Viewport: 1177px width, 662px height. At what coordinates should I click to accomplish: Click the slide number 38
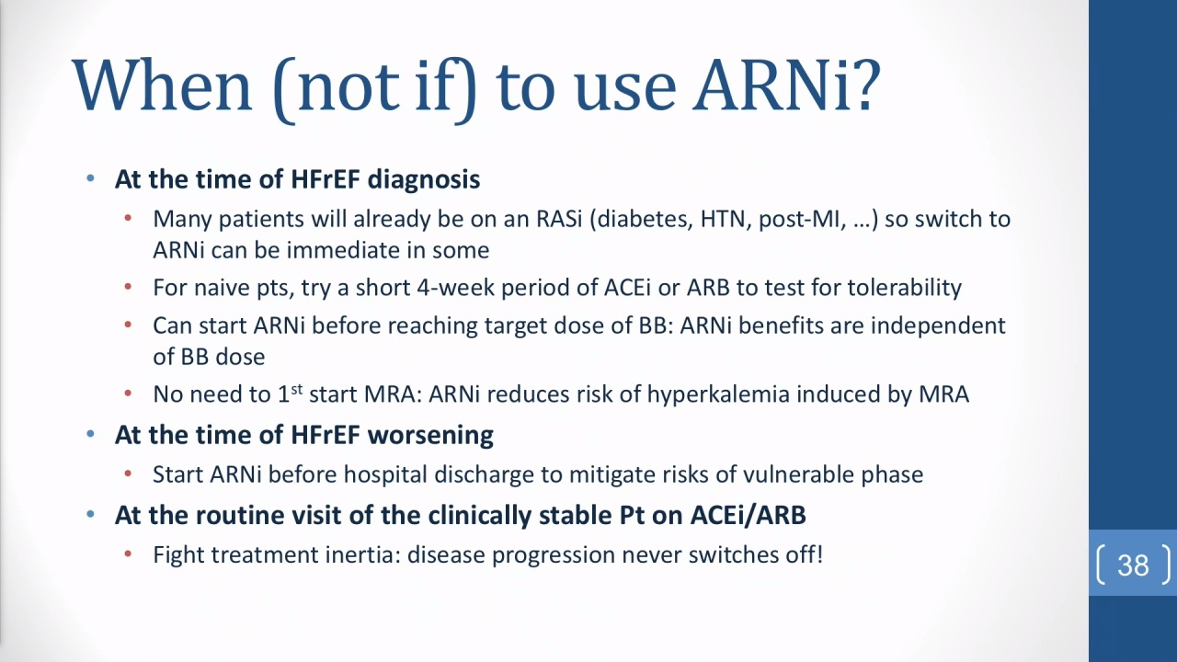pos(1134,565)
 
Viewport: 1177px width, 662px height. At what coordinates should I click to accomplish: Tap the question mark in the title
pos(863,84)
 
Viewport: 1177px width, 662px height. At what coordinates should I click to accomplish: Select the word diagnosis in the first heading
pos(424,179)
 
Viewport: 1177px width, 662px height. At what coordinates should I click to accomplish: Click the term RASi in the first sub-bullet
pos(559,219)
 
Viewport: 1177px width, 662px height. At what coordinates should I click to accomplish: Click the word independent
pos(938,325)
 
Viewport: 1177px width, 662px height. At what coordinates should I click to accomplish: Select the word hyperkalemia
pos(718,394)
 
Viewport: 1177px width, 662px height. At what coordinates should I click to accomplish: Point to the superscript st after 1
pos(297,389)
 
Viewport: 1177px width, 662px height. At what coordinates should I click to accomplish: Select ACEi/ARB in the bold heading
pos(748,515)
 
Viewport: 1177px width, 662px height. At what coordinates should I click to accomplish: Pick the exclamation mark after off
pos(819,554)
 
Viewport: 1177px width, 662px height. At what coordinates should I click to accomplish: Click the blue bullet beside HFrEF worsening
pos(90,434)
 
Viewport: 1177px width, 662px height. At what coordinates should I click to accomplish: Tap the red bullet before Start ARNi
pos(128,474)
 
